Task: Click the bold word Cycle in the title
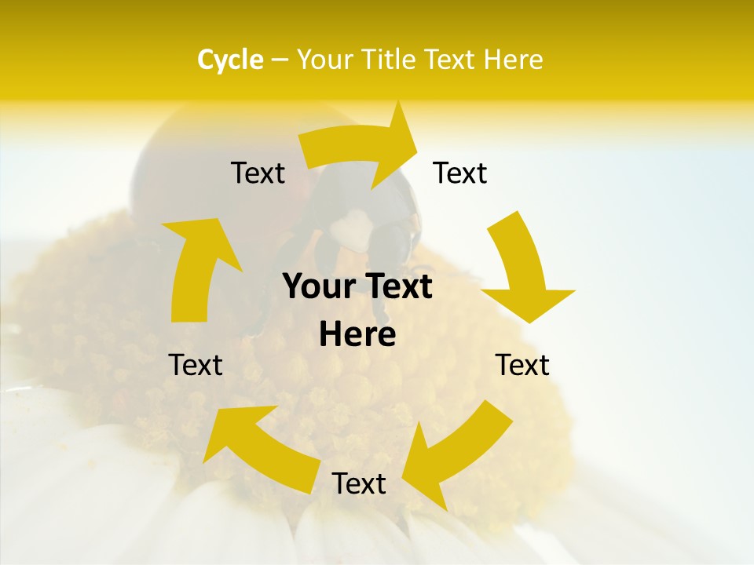click(x=230, y=60)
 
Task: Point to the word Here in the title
click(x=511, y=60)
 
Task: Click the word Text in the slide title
click(x=450, y=60)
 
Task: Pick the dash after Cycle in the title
click(x=279, y=60)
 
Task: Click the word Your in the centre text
click(x=318, y=287)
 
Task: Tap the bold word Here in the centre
click(x=357, y=335)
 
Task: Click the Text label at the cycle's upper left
click(x=258, y=173)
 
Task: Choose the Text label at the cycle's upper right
click(x=460, y=173)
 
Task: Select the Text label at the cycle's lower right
click(x=522, y=365)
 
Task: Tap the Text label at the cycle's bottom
click(x=359, y=484)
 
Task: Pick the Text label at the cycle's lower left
click(x=196, y=365)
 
